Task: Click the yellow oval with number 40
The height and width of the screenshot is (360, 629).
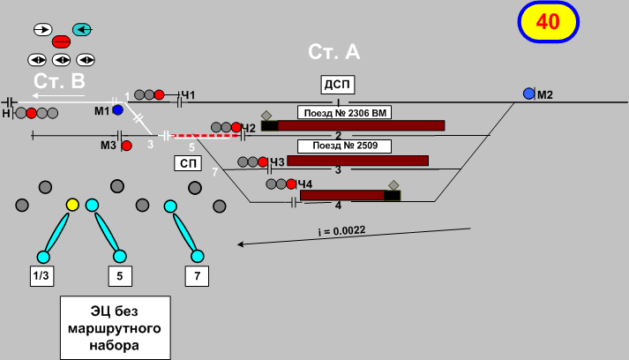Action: (548, 23)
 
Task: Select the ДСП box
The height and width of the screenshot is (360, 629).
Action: (337, 85)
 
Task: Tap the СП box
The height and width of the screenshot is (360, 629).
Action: (187, 163)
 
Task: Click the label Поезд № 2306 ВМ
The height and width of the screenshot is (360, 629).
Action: (344, 113)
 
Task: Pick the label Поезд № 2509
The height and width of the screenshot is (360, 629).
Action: (338, 146)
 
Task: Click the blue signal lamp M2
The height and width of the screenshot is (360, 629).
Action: (528, 94)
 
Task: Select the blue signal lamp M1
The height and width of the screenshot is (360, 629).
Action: (117, 110)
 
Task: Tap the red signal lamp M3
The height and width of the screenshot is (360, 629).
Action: (126, 145)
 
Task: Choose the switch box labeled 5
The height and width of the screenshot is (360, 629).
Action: (121, 276)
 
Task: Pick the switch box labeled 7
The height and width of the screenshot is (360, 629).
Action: (198, 276)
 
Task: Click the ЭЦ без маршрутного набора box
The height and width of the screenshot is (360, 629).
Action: (116, 327)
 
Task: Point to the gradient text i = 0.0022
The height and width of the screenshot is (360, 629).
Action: (341, 231)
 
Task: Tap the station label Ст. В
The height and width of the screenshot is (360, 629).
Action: (59, 81)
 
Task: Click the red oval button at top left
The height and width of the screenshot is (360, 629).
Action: (62, 41)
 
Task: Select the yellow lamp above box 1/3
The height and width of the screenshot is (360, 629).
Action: (73, 206)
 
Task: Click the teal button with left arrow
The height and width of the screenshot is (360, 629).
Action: (82, 29)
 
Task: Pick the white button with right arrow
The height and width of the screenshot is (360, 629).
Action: (41, 29)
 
